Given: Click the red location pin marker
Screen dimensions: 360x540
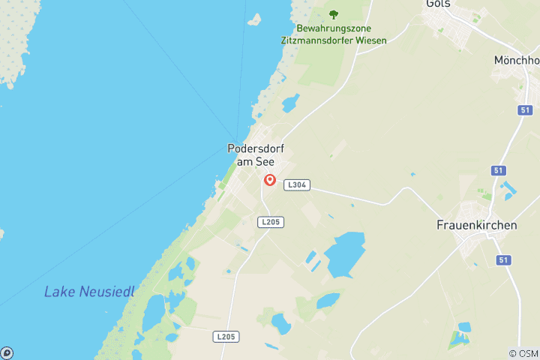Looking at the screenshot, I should [270, 181].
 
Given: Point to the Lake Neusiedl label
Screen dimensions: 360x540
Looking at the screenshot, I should [89, 292].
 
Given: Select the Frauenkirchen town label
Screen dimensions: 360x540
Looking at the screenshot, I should [471, 224].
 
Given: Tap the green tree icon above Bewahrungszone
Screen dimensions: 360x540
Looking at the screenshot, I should [334, 14].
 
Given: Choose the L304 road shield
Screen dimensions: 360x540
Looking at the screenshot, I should [296, 184].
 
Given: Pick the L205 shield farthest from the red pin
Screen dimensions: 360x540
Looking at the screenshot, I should [226, 337].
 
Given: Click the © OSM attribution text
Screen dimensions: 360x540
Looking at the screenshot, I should [523, 353].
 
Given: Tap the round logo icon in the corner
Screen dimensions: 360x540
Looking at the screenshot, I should [7, 352].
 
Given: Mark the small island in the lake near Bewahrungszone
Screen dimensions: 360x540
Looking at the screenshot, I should [254, 19].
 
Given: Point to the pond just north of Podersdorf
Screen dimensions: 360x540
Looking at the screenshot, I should [290, 103].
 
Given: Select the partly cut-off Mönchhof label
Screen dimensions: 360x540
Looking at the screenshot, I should [517, 60].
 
